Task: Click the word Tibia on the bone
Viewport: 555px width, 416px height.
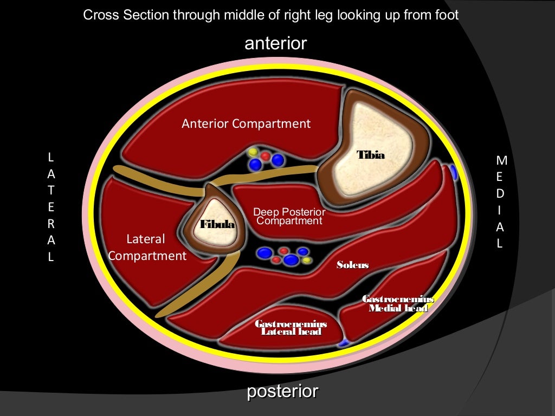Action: click(x=371, y=155)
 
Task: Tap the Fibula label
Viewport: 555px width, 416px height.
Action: click(x=217, y=224)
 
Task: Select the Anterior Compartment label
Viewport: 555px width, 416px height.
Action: click(x=246, y=123)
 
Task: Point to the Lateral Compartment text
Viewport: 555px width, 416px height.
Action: click(x=147, y=247)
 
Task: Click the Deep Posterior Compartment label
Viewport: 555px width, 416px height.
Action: click(x=289, y=217)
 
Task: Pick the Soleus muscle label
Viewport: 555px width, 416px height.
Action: click(x=352, y=265)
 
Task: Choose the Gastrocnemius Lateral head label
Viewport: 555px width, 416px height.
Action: click(x=291, y=328)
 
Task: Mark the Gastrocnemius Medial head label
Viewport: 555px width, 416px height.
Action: click(x=398, y=304)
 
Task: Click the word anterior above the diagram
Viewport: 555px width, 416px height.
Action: click(x=276, y=43)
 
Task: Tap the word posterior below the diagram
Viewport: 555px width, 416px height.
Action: click(x=283, y=392)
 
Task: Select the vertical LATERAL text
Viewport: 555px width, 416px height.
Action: click(x=51, y=207)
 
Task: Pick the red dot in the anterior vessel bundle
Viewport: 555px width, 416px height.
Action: click(x=266, y=156)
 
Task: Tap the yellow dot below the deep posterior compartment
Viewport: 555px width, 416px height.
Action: click(x=307, y=260)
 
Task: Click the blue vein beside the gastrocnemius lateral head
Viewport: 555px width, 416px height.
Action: click(x=343, y=342)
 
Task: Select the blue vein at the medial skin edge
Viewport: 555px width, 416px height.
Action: click(x=453, y=173)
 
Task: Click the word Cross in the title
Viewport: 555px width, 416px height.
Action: click(x=96, y=15)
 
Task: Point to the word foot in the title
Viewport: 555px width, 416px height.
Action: click(x=447, y=15)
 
